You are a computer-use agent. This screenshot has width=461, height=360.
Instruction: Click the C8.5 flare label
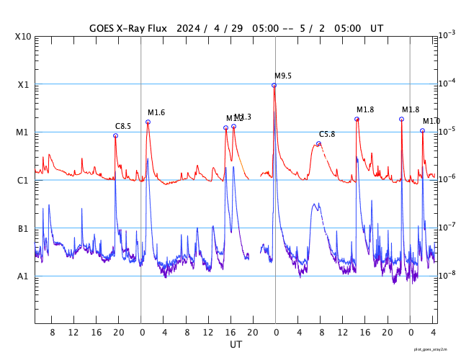point(123,127)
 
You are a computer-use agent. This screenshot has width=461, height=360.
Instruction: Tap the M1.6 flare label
point(156,113)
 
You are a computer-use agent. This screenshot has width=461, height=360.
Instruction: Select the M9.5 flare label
point(283,76)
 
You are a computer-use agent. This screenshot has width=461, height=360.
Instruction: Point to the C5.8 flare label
point(327,135)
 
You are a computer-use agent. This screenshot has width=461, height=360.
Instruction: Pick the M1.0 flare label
point(431,122)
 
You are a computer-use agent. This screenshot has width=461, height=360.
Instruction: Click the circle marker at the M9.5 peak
point(274,85)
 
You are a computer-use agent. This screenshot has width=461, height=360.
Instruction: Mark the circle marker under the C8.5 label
point(115,135)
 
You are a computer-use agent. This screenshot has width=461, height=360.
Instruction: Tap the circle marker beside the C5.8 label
point(318,143)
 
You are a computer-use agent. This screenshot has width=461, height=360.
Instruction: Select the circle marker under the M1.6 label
point(148,122)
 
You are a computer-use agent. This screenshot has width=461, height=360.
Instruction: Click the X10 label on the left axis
point(23,37)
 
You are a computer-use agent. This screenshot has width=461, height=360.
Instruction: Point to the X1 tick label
point(23,84)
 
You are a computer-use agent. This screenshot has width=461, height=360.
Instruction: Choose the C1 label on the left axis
point(23,180)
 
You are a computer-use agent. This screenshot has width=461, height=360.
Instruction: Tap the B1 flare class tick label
point(23,228)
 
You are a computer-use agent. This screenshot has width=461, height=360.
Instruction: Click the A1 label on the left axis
point(23,276)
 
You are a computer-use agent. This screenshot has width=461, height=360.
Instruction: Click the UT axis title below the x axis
point(236,345)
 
